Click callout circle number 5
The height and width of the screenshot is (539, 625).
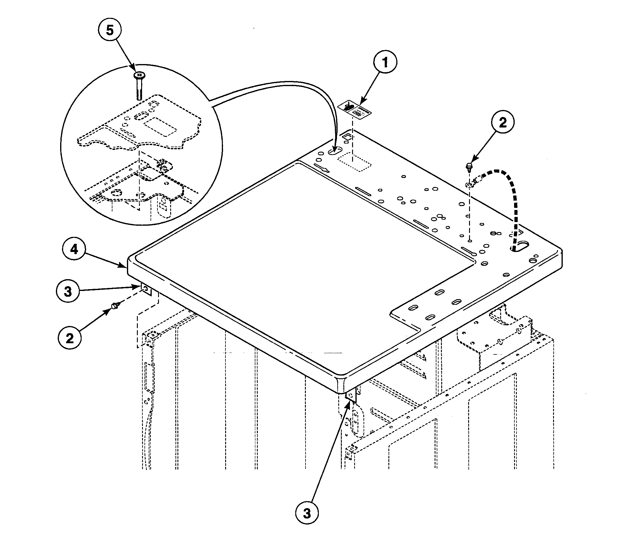point(110,30)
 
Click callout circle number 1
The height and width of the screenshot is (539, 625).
point(385,63)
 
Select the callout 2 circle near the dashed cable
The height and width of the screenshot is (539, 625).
point(503,123)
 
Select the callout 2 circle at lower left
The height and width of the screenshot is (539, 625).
point(70,338)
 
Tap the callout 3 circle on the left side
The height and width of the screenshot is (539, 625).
point(68,292)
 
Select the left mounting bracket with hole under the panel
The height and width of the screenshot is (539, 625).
point(145,289)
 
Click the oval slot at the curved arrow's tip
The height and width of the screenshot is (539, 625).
point(335,151)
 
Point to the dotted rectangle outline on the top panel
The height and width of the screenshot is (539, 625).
point(354,162)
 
